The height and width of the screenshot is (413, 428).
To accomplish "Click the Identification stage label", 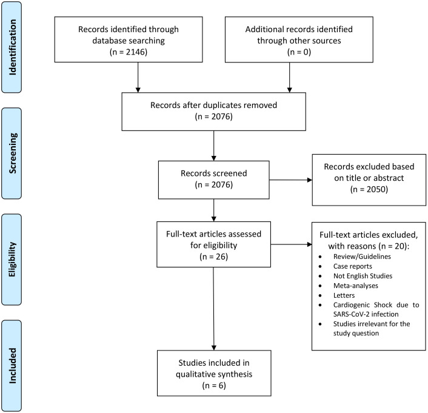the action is [x=13, y=47].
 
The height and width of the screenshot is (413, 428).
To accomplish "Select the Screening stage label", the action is [x=13, y=153].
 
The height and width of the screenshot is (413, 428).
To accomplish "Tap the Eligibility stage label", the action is [x=13, y=260].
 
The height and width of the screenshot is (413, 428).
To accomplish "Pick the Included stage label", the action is [x=13, y=366].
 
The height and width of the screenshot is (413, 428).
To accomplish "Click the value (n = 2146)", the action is [x=129, y=52].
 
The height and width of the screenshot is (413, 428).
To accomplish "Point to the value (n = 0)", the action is [x=299, y=52].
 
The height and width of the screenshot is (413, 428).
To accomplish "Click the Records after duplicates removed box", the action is [x=214, y=112].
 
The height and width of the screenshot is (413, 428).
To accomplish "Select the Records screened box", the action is [x=214, y=180].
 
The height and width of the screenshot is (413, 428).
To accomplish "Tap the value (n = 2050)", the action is [x=369, y=189].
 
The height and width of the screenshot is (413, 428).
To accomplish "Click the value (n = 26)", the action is [x=214, y=257].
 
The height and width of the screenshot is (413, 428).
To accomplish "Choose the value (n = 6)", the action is [x=214, y=386].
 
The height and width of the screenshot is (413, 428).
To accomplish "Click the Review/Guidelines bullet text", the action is [x=362, y=257].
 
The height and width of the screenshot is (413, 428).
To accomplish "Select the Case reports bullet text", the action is [x=352, y=266].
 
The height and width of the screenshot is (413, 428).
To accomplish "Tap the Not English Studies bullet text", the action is [x=363, y=276].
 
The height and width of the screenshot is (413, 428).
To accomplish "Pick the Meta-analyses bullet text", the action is [x=356, y=286].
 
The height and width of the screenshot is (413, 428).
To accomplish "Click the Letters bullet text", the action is [x=344, y=295].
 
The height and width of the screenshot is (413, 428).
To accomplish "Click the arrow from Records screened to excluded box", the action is [x=291, y=180].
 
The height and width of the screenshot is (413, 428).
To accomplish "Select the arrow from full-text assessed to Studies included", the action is [x=214, y=309].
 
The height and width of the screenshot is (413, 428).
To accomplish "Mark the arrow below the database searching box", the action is [x=138, y=77].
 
